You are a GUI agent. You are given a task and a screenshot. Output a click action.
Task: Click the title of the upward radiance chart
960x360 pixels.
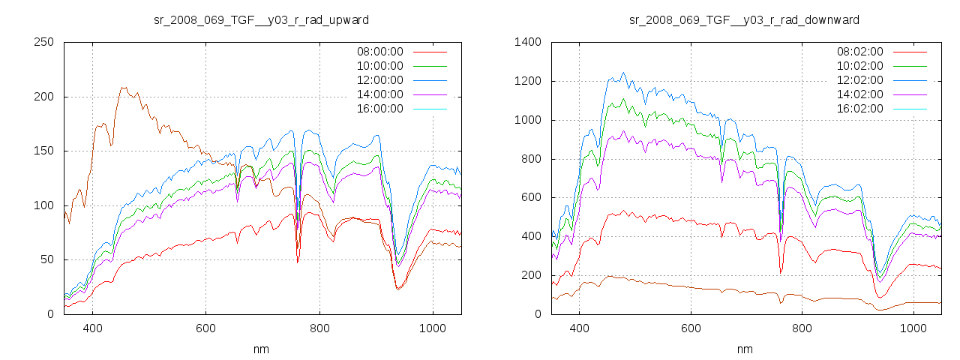click(x=261, y=19)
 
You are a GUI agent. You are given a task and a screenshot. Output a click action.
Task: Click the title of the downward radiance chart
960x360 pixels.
click(x=744, y=19)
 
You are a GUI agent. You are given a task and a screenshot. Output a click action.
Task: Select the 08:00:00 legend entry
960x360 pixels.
click(x=379, y=52)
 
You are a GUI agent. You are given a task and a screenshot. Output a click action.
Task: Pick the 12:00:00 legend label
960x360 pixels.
click(x=379, y=80)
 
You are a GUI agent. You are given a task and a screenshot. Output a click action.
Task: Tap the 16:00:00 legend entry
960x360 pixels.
click(x=379, y=109)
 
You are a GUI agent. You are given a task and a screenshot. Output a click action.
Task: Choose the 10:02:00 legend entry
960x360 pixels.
click(x=859, y=66)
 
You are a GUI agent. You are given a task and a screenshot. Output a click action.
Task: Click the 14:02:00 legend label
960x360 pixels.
click(x=859, y=94)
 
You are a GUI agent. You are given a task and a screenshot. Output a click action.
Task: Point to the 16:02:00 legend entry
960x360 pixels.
click(x=859, y=109)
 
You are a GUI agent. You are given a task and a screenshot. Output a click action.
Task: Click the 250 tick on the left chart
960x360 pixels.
click(x=43, y=42)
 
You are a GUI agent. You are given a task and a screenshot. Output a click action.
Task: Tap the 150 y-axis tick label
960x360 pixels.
click(x=43, y=151)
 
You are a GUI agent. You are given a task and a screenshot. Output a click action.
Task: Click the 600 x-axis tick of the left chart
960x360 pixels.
click(x=206, y=328)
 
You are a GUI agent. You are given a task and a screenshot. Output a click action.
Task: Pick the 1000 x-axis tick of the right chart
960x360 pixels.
click(x=913, y=328)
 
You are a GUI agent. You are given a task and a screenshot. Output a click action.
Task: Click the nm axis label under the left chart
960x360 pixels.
click(x=261, y=349)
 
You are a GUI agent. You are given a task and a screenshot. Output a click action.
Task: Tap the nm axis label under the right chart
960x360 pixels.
click(x=744, y=349)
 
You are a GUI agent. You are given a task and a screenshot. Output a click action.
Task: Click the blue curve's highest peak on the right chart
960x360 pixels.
click(x=623, y=73)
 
